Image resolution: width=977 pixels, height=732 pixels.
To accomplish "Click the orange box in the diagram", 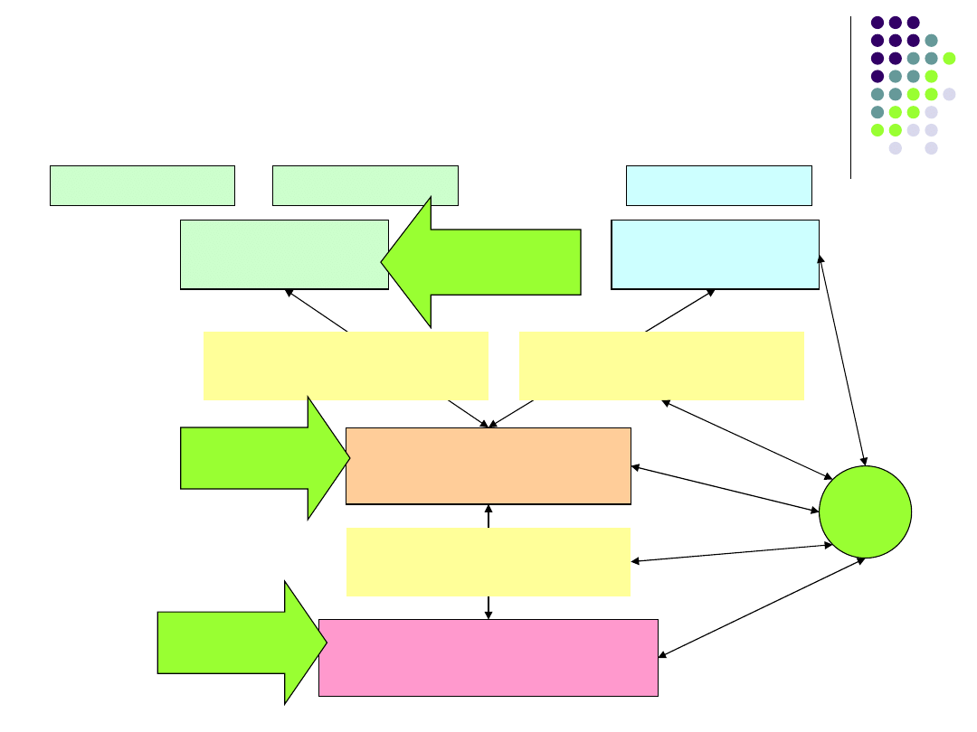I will point(488,465).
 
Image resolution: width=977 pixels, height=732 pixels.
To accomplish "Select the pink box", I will point(488,657).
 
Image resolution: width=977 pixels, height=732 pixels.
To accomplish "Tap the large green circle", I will point(865,511).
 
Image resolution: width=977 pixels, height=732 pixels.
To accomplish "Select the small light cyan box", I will point(718,185).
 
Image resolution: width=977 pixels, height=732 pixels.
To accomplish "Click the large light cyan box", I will point(715,254).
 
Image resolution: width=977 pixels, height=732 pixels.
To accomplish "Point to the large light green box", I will point(284,254).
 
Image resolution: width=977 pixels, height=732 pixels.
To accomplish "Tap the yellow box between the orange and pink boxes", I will point(488,561).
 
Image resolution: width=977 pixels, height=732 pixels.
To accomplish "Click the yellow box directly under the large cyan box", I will point(661,366).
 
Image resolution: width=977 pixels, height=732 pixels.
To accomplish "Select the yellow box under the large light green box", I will point(346,366).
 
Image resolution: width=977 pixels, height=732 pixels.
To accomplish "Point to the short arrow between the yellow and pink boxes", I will point(488,607).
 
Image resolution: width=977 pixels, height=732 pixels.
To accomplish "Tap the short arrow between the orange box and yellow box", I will point(488,516).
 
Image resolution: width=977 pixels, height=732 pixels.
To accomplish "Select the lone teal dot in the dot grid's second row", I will point(931,41).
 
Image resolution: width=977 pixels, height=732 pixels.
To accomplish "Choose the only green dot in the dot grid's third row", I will point(949,59).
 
